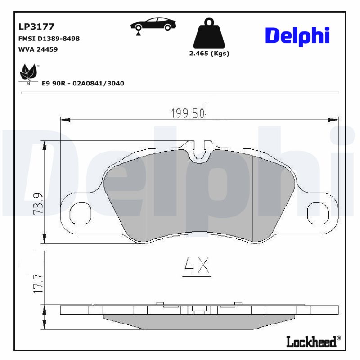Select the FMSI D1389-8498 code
(x=49, y=39)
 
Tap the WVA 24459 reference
(x=38, y=49)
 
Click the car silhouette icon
(x=153, y=24)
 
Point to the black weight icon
(x=208, y=34)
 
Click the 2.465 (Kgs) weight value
(x=209, y=54)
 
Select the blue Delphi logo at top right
(x=297, y=36)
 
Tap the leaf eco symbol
(x=29, y=73)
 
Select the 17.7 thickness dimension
(x=39, y=281)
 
